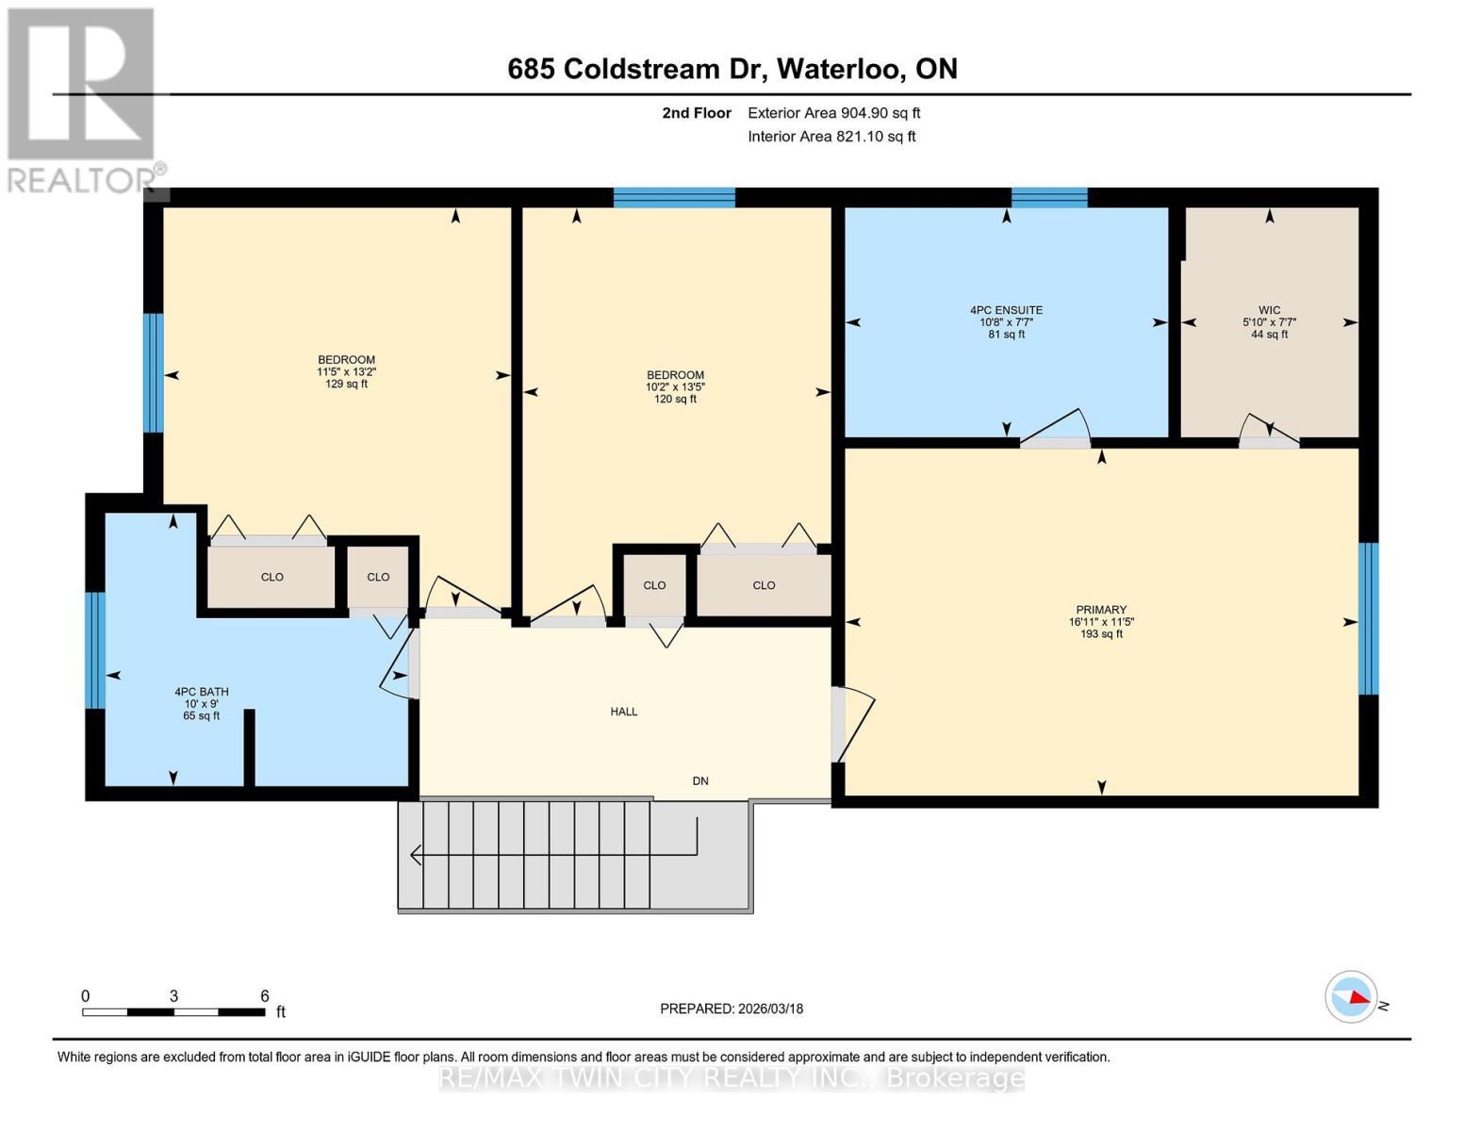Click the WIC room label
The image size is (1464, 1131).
coord(1269,310)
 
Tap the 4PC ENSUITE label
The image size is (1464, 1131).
coord(1006,310)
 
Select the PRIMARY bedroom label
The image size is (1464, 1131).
coord(1100,610)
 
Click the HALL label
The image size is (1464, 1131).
coord(623,712)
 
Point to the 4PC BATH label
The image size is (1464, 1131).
coord(201,692)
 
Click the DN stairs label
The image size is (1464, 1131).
coord(700,780)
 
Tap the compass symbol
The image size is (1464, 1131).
coord(1351,996)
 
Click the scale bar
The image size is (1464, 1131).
coord(173,1012)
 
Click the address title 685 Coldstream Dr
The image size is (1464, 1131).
coord(732,69)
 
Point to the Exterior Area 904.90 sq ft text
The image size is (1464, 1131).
coord(833,113)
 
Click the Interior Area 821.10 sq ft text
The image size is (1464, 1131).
coord(831,137)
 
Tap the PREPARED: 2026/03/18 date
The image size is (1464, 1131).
coord(732,1008)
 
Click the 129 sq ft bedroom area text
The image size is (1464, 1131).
coord(346,384)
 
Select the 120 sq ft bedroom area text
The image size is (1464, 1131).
coord(675,399)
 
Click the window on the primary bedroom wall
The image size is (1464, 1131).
coord(1368,619)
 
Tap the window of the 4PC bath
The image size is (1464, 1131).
coord(94,650)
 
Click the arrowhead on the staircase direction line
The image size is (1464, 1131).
coord(416,855)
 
